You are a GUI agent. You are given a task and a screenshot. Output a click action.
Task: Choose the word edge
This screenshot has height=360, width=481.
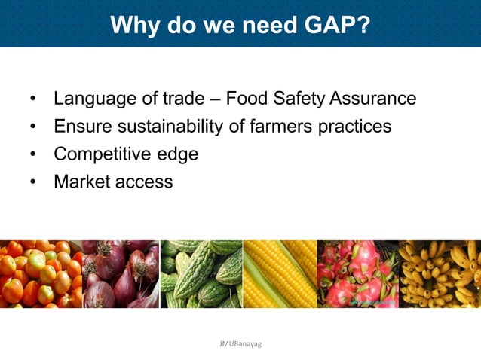(x=176, y=155)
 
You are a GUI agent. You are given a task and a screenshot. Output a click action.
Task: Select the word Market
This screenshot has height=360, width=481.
(x=81, y=182)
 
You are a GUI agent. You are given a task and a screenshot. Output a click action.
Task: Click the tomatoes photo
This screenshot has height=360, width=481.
(x=40, y=273)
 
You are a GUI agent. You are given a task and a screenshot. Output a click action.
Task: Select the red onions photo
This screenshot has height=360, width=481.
(x=120, y=273)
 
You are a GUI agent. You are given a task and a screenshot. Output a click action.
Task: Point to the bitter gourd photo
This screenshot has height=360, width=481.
(x=201, y=273)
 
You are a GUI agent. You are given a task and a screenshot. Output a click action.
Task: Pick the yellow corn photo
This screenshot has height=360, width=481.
(x=280, y=273)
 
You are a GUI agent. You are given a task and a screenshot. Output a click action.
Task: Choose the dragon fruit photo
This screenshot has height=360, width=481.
(x=359, y=273)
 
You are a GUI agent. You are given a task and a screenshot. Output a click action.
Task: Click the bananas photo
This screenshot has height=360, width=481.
(x=440, y=273)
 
